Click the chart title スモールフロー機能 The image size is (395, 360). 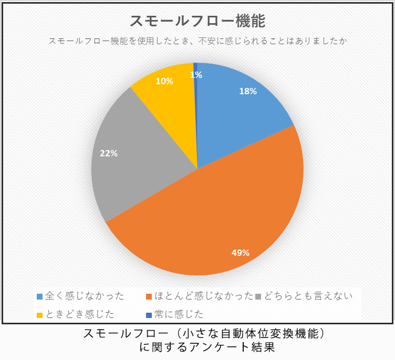click(197, 21)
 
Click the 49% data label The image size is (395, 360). click(240, 253)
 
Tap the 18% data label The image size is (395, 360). click(247, 91)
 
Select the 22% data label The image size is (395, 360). click(109, 154)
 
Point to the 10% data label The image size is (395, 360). click(164, 81)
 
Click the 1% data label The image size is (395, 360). click(196, 75)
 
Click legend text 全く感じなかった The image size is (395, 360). click(85, 296)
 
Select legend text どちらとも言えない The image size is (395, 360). click(307, 296)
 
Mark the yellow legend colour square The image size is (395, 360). click(40, 315)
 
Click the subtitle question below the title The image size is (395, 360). click(197, 41)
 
